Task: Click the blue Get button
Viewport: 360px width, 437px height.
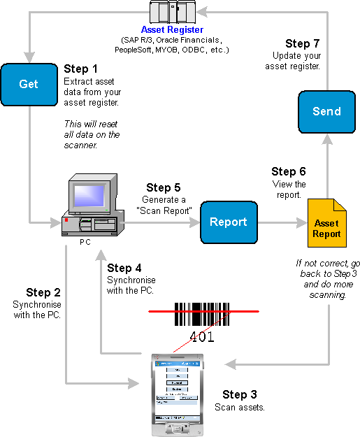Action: (29, 84)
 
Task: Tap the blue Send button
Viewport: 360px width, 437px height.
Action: (326, 112)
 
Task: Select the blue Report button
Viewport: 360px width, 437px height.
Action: (229, 222)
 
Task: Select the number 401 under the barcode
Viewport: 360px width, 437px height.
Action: (202, 337)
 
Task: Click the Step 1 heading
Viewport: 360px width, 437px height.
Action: (81, 69)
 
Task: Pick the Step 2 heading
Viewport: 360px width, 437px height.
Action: (43, 292)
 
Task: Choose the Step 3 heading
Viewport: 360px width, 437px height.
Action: (240, 395)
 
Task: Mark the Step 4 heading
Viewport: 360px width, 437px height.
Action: (124, 268)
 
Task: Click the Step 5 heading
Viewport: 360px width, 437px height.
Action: (164, 187)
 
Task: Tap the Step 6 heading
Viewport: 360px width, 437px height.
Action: (289, 171)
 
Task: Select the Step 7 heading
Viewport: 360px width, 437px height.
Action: (303, 43)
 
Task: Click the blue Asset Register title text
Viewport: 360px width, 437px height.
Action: (172, 29)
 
